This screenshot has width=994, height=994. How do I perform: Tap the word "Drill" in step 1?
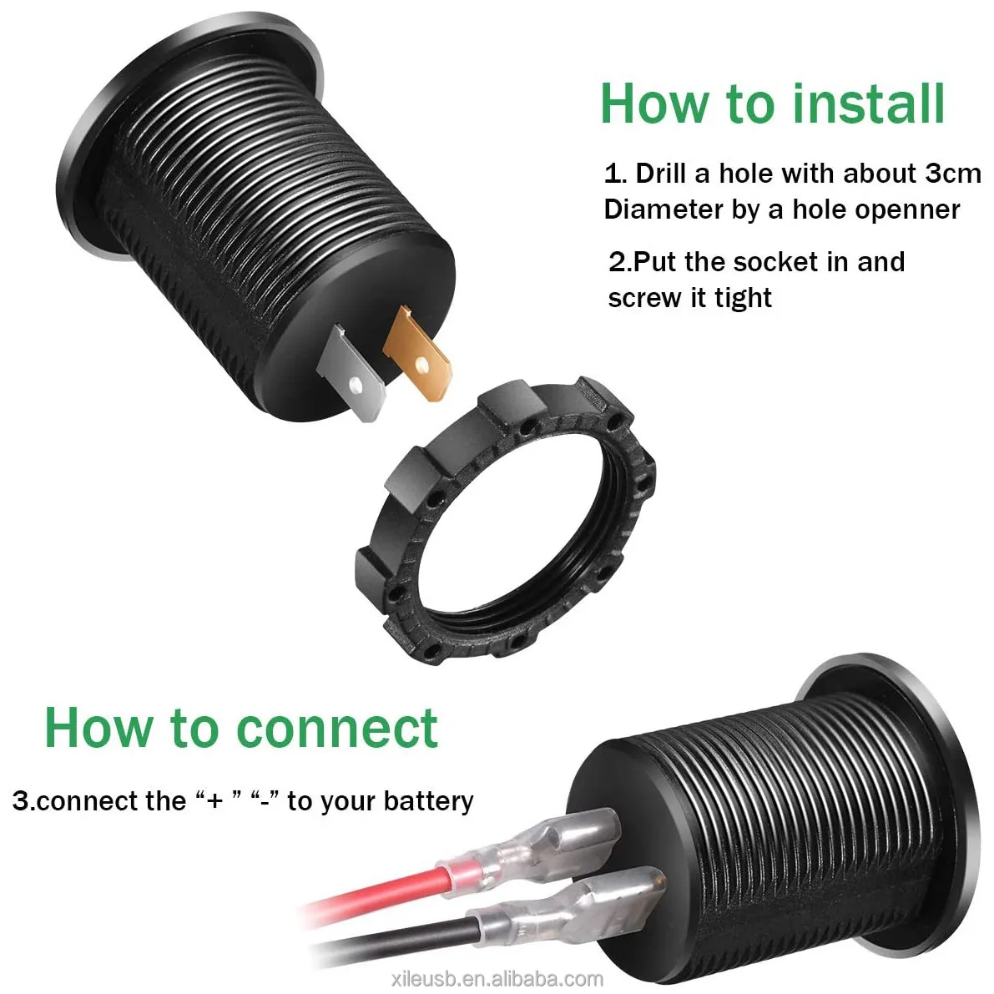661,174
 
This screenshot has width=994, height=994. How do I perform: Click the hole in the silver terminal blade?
356,386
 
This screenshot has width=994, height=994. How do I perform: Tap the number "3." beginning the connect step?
23,801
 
